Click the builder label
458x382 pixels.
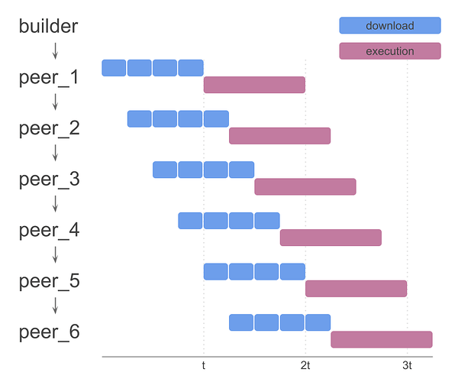click(x=48, y=26)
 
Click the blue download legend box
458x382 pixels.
click(x=389, y=25)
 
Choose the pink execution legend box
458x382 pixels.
click(x=389, y=51)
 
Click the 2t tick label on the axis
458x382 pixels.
click(x=305, y=366)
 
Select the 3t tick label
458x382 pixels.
click(x=407, y=366)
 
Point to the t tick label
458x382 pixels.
click(x=203, y=366)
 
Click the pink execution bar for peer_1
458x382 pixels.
click(x=254, y=84)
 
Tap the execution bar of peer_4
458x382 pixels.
click(x=331, y=237)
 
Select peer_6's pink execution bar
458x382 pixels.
click(x=381, y=339)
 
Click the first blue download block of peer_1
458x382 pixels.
click(x=114, y=67)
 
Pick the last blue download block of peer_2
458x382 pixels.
click(x=216, y=118)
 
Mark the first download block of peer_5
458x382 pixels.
click(x=216, y=271)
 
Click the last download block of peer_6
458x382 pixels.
click(x=318, y=322)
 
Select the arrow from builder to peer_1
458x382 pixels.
click(x=55, y=50)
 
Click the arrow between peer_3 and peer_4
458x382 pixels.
click(x=55, y=204)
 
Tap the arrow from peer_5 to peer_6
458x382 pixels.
click(x=55, y=306)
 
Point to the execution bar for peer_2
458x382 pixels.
click(x=279, y=135)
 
